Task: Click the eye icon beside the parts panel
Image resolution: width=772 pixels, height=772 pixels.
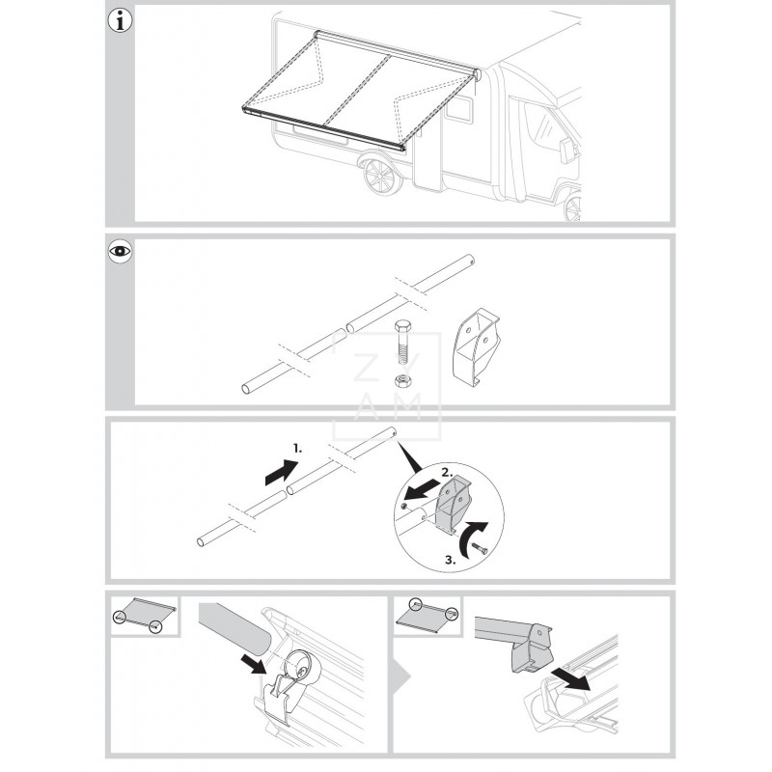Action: coord(120,253)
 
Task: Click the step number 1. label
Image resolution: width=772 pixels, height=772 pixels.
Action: coord(298,449)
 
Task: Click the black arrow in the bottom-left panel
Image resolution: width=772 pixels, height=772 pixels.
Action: coord(254,662)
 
